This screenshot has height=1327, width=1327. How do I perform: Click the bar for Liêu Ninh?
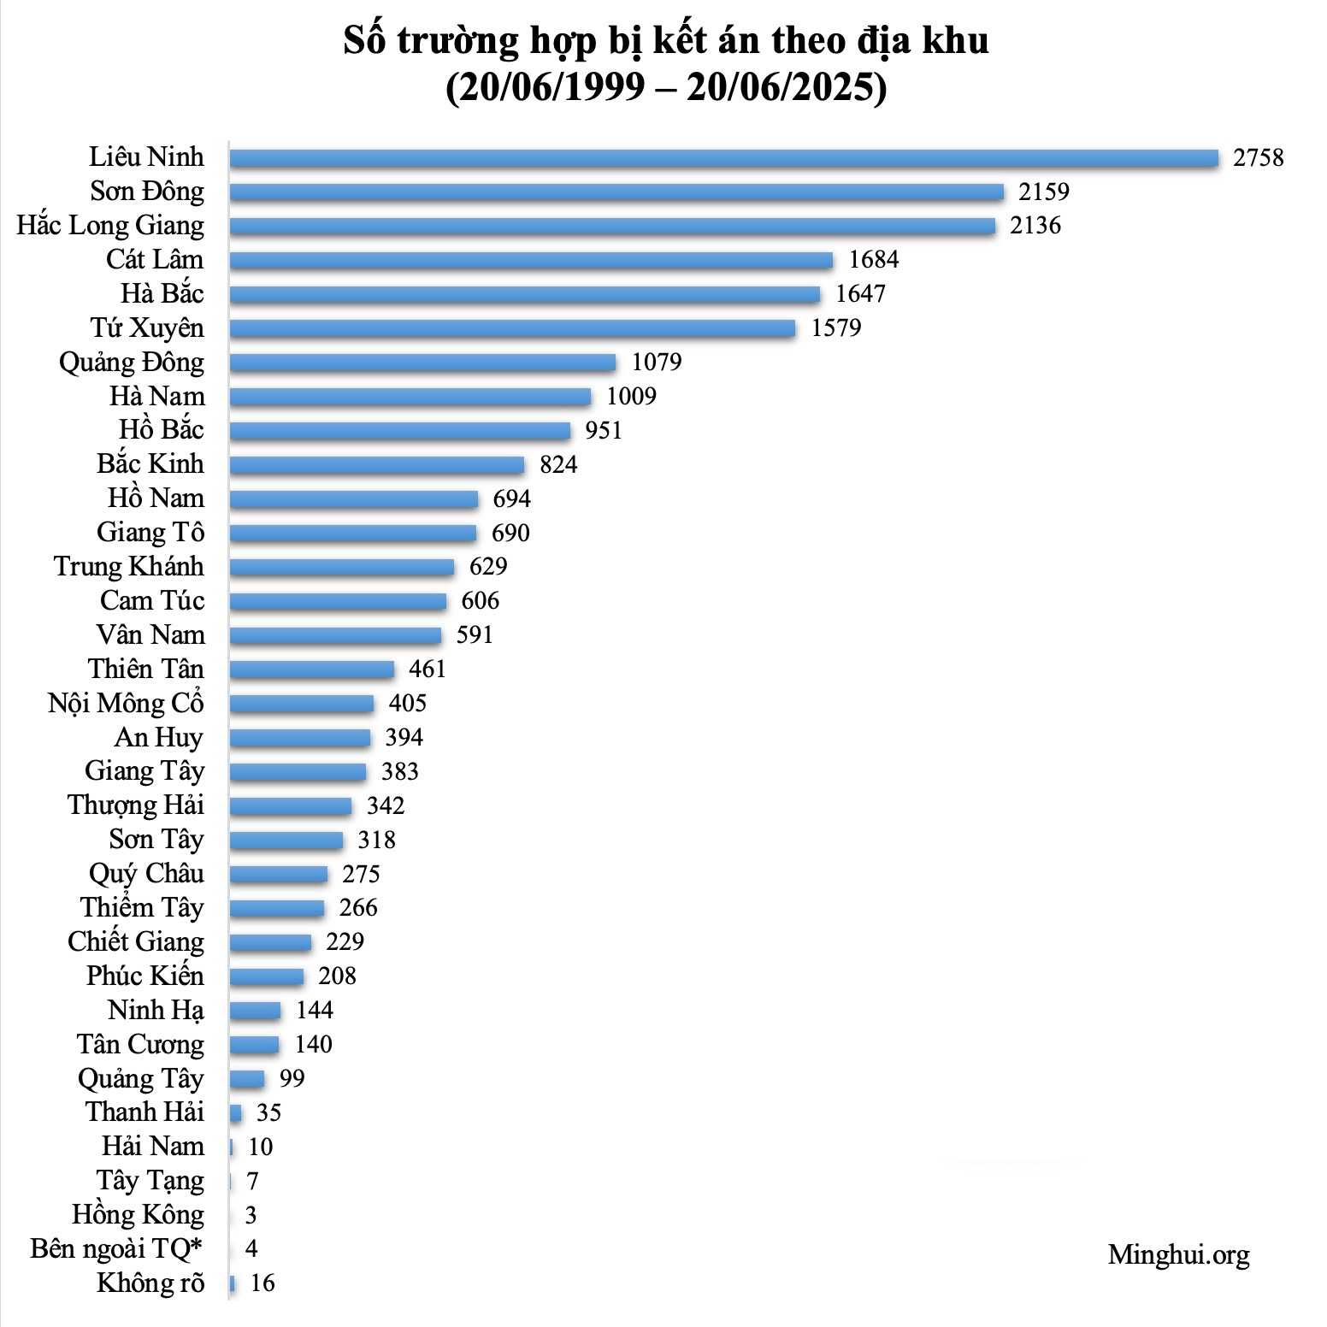723,158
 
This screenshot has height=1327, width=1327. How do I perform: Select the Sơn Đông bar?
616,192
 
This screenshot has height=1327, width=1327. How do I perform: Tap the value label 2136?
1035,226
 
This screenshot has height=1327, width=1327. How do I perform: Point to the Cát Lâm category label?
155,260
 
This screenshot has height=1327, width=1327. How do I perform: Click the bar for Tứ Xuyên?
512,328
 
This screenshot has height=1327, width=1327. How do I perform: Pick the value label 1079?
657,363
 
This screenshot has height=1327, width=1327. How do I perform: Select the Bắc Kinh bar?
377,464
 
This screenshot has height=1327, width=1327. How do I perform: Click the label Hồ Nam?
156,498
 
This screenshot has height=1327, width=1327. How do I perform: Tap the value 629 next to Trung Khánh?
488,567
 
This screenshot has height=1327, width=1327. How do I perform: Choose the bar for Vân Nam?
335,635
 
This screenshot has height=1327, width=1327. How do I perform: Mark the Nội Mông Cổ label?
126,704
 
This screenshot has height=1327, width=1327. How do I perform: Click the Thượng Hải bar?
291,805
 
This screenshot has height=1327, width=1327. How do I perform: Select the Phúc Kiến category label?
145,976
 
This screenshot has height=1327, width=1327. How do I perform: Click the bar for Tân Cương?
254,1045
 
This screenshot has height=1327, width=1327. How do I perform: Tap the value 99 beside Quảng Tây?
292,1079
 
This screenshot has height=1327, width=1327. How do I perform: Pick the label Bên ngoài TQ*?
117,1249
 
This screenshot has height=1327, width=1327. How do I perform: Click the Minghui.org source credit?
1178,1254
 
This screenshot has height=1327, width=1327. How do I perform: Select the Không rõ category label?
150,1283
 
